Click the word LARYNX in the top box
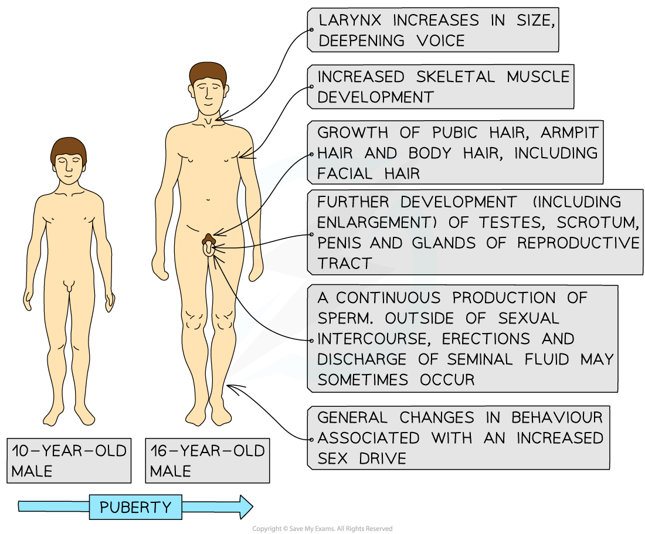point(349,20)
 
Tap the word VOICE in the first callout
point(440,40)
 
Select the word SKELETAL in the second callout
point(456,77)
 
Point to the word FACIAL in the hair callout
point(345,174)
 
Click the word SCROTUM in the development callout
point(598,222)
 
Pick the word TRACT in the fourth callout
point(345,263)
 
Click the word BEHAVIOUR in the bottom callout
point(557,418)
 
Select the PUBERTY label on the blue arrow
point(135,507)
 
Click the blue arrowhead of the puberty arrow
point(246,507)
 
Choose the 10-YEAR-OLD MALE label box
point(69,460)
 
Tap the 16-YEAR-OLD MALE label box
point(208,460)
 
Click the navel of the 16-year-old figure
point(208,200)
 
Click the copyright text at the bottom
point(322,529)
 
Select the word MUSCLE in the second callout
point(538,77)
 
